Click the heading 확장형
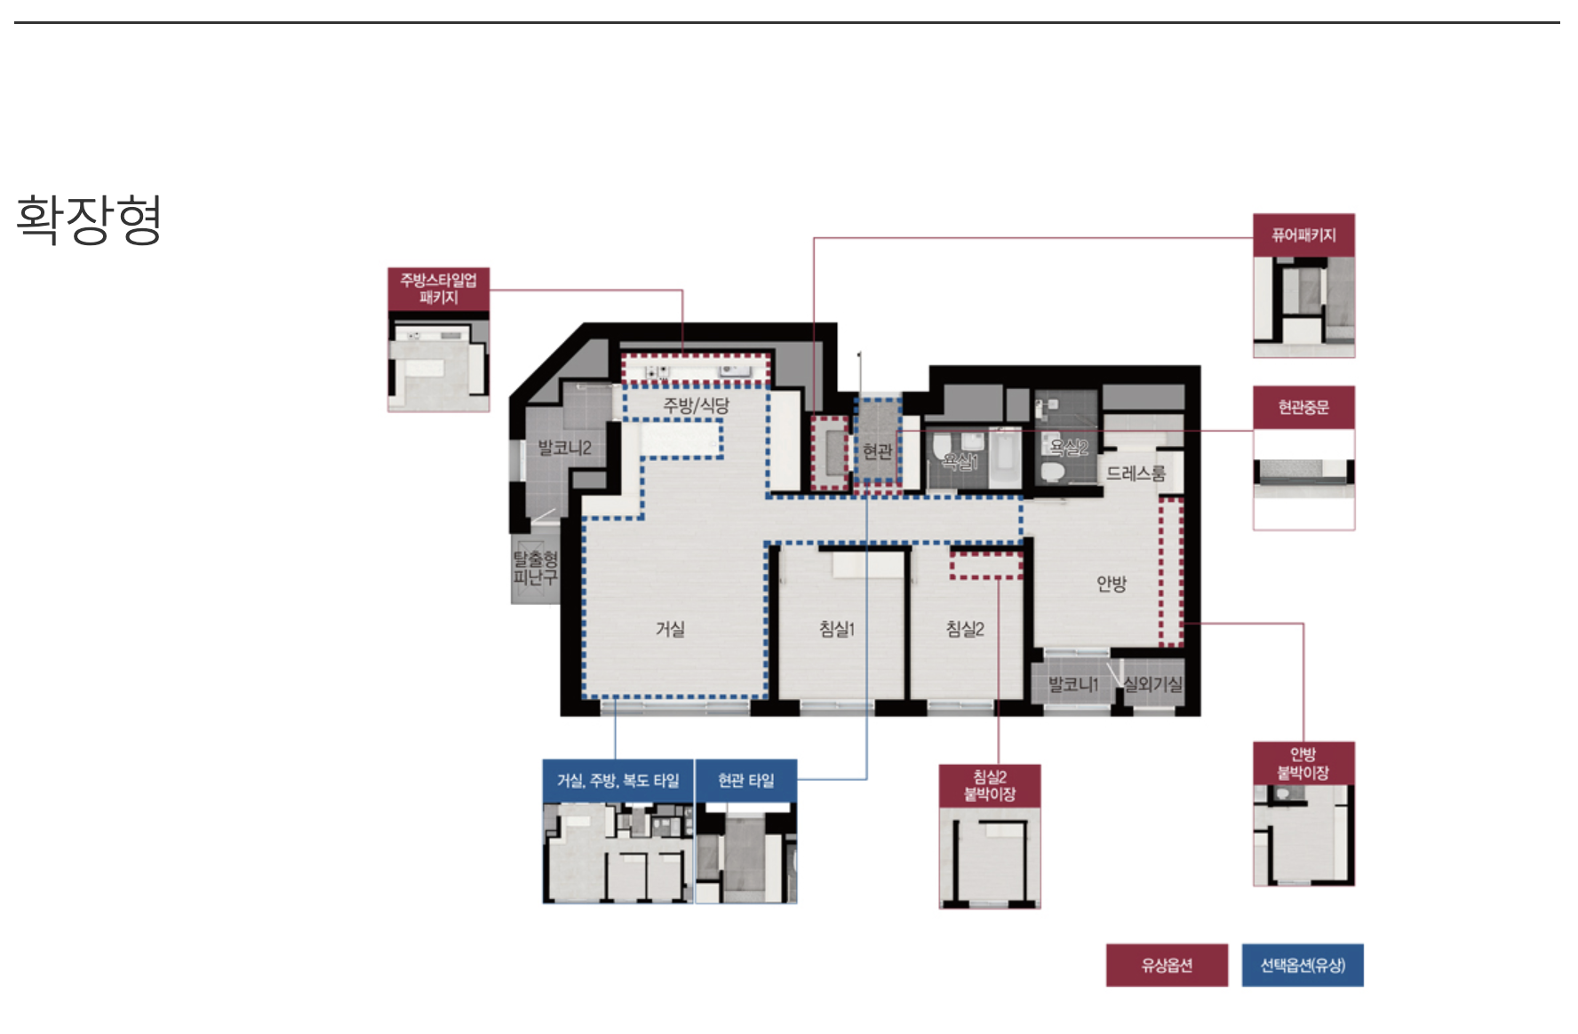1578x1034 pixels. coord(89,219)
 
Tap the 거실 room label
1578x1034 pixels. coord(670,629)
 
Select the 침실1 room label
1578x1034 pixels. coord(837,629)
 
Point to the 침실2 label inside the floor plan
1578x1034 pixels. coord(965,629)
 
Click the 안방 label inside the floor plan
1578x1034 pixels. coord(1112,584)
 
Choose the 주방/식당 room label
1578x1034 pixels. coord(697,406)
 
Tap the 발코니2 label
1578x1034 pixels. coord(564,448)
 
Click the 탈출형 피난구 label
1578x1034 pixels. coord(535,568)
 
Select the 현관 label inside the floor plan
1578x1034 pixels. coord(878,451)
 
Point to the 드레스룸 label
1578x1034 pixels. coord(1136,473)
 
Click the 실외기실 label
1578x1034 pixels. coord(1153,684)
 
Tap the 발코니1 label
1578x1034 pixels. coord(1073,684)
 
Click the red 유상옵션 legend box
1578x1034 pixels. coord(1167,966)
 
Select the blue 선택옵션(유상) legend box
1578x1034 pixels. coord(1303,966)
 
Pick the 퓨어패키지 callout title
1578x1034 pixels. coord(1303,235)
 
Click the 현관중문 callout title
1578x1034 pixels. coord(1303,408)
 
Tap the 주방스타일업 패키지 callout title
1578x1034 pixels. coord(439,289)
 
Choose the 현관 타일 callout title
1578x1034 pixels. coord(746,781)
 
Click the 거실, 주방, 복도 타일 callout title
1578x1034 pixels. coord(618,781)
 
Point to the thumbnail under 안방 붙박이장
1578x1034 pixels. coord(1303,836)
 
